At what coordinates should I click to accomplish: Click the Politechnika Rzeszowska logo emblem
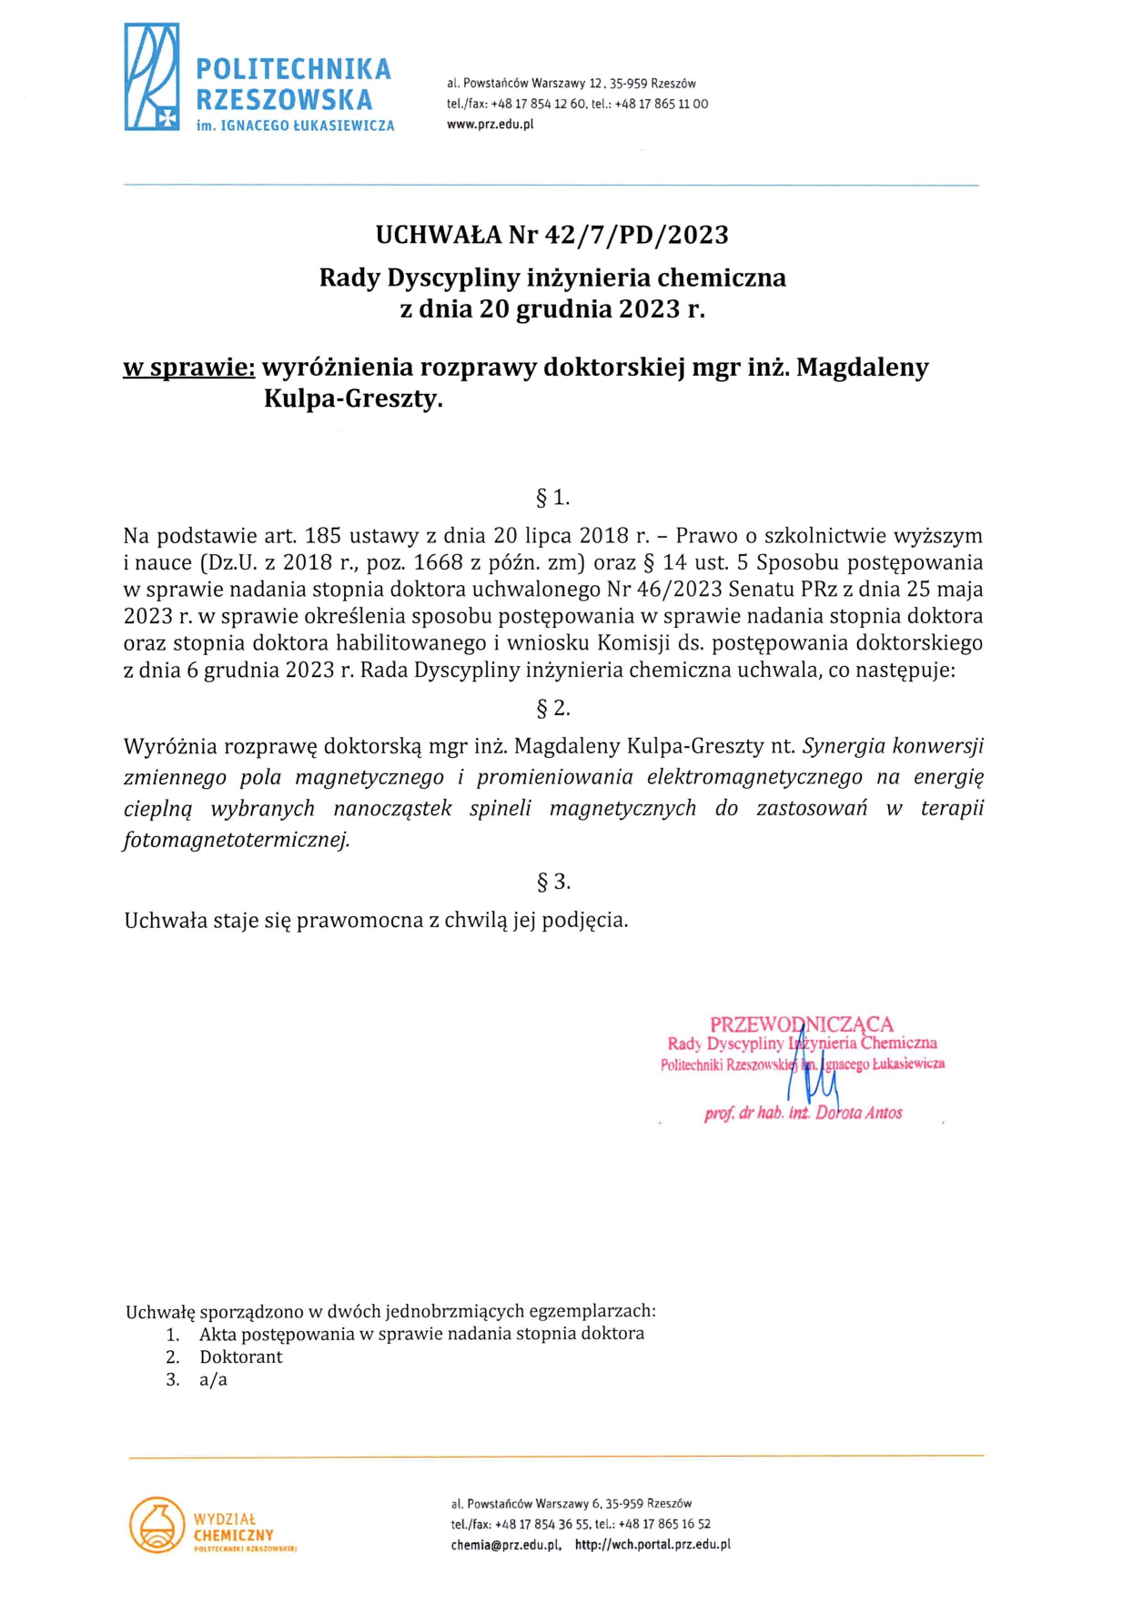point(151,77)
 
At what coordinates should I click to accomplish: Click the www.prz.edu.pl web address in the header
point(490,125)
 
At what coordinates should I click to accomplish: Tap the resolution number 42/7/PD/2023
point(636,235)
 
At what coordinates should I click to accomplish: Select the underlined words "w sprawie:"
point(188,368)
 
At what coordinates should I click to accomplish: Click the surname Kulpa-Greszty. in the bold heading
point(353,398)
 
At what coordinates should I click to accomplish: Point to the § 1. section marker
point(552,498)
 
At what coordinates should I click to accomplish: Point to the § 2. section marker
point(552,708)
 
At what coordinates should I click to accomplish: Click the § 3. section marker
point(552,881)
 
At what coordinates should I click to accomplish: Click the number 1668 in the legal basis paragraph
point(438,562)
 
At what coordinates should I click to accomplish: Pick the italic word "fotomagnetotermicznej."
point(237,840)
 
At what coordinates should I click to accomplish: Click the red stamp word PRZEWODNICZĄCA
point(801,1024)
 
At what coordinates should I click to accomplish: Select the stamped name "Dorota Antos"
point(858,1113)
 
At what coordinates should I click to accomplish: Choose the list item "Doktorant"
point(241,1357)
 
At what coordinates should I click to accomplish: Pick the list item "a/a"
point(213,1379)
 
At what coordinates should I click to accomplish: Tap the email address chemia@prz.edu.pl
point(505,1544)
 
